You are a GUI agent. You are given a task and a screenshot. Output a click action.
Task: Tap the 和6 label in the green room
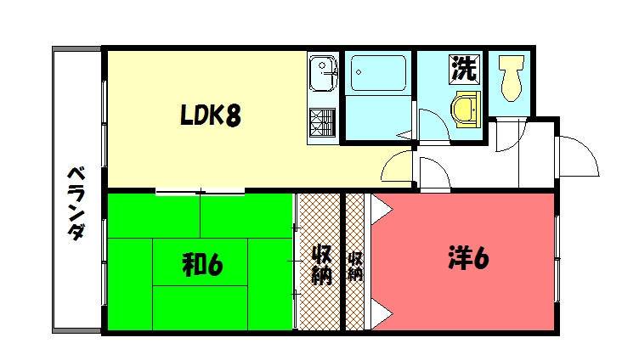coord(202,265)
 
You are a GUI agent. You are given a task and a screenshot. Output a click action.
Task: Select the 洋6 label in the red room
coord(467,259)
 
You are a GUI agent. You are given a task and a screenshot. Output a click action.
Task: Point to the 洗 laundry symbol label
coord(463,69)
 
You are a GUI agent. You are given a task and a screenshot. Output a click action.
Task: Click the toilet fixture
coord(511,77)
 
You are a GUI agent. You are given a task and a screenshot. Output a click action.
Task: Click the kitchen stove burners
coord(323,122)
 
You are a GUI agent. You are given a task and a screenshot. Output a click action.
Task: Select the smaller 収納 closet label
coord(355,265)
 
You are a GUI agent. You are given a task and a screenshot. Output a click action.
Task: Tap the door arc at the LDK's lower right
coord(397,169)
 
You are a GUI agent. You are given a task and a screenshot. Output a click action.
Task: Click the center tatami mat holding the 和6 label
coord(201,265)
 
